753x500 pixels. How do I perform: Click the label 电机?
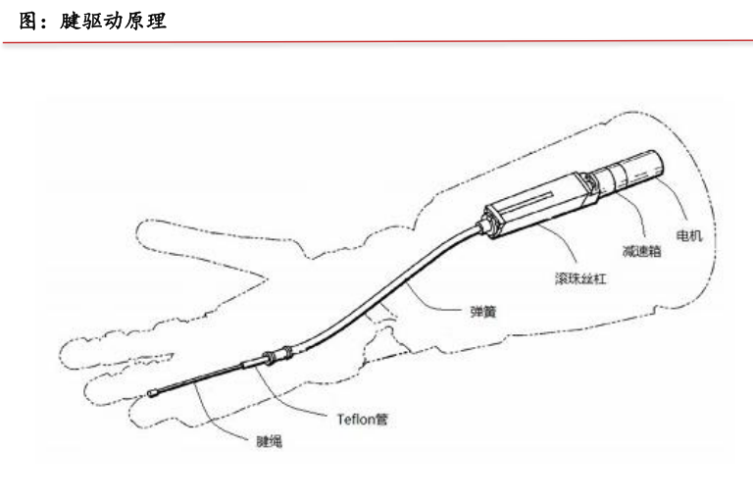pyautogui.click(x=689, y=236)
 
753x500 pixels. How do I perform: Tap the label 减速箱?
pyautogui.click(x=640, y=251)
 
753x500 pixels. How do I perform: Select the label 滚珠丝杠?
pyautogui.click(x=580, y=278)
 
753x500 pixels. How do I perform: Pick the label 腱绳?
pyautogui.click(x=257, y=442)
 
